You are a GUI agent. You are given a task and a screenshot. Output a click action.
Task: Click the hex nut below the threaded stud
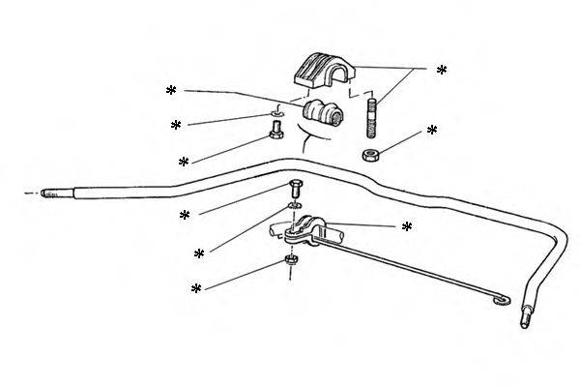(371, 156)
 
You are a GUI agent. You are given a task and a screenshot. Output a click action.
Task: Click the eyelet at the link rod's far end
(500, 304)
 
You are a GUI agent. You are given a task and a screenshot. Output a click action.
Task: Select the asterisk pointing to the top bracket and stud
(442, 71)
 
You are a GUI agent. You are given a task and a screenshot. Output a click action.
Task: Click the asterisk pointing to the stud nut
(432, 130)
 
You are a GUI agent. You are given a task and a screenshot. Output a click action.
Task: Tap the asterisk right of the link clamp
(407, 226)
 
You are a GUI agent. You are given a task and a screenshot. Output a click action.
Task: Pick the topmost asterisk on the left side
(171, 91)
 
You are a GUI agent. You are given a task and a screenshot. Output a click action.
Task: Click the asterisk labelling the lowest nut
(196, 289)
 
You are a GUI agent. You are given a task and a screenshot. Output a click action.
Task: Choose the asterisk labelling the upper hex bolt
(183, 161)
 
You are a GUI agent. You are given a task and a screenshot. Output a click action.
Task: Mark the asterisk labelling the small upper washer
(176, 126)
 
